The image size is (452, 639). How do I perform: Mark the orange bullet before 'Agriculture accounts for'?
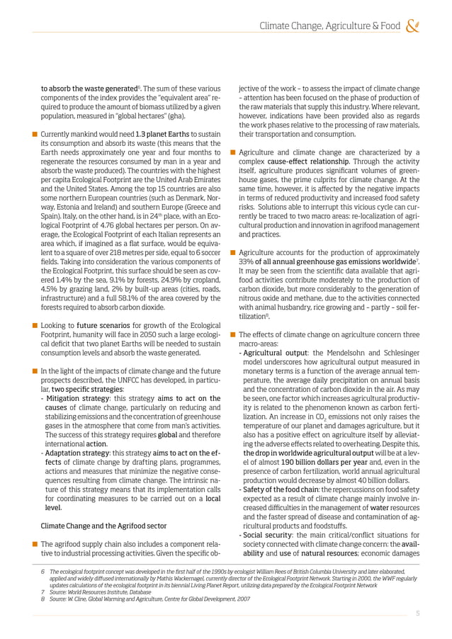[233, 253]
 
